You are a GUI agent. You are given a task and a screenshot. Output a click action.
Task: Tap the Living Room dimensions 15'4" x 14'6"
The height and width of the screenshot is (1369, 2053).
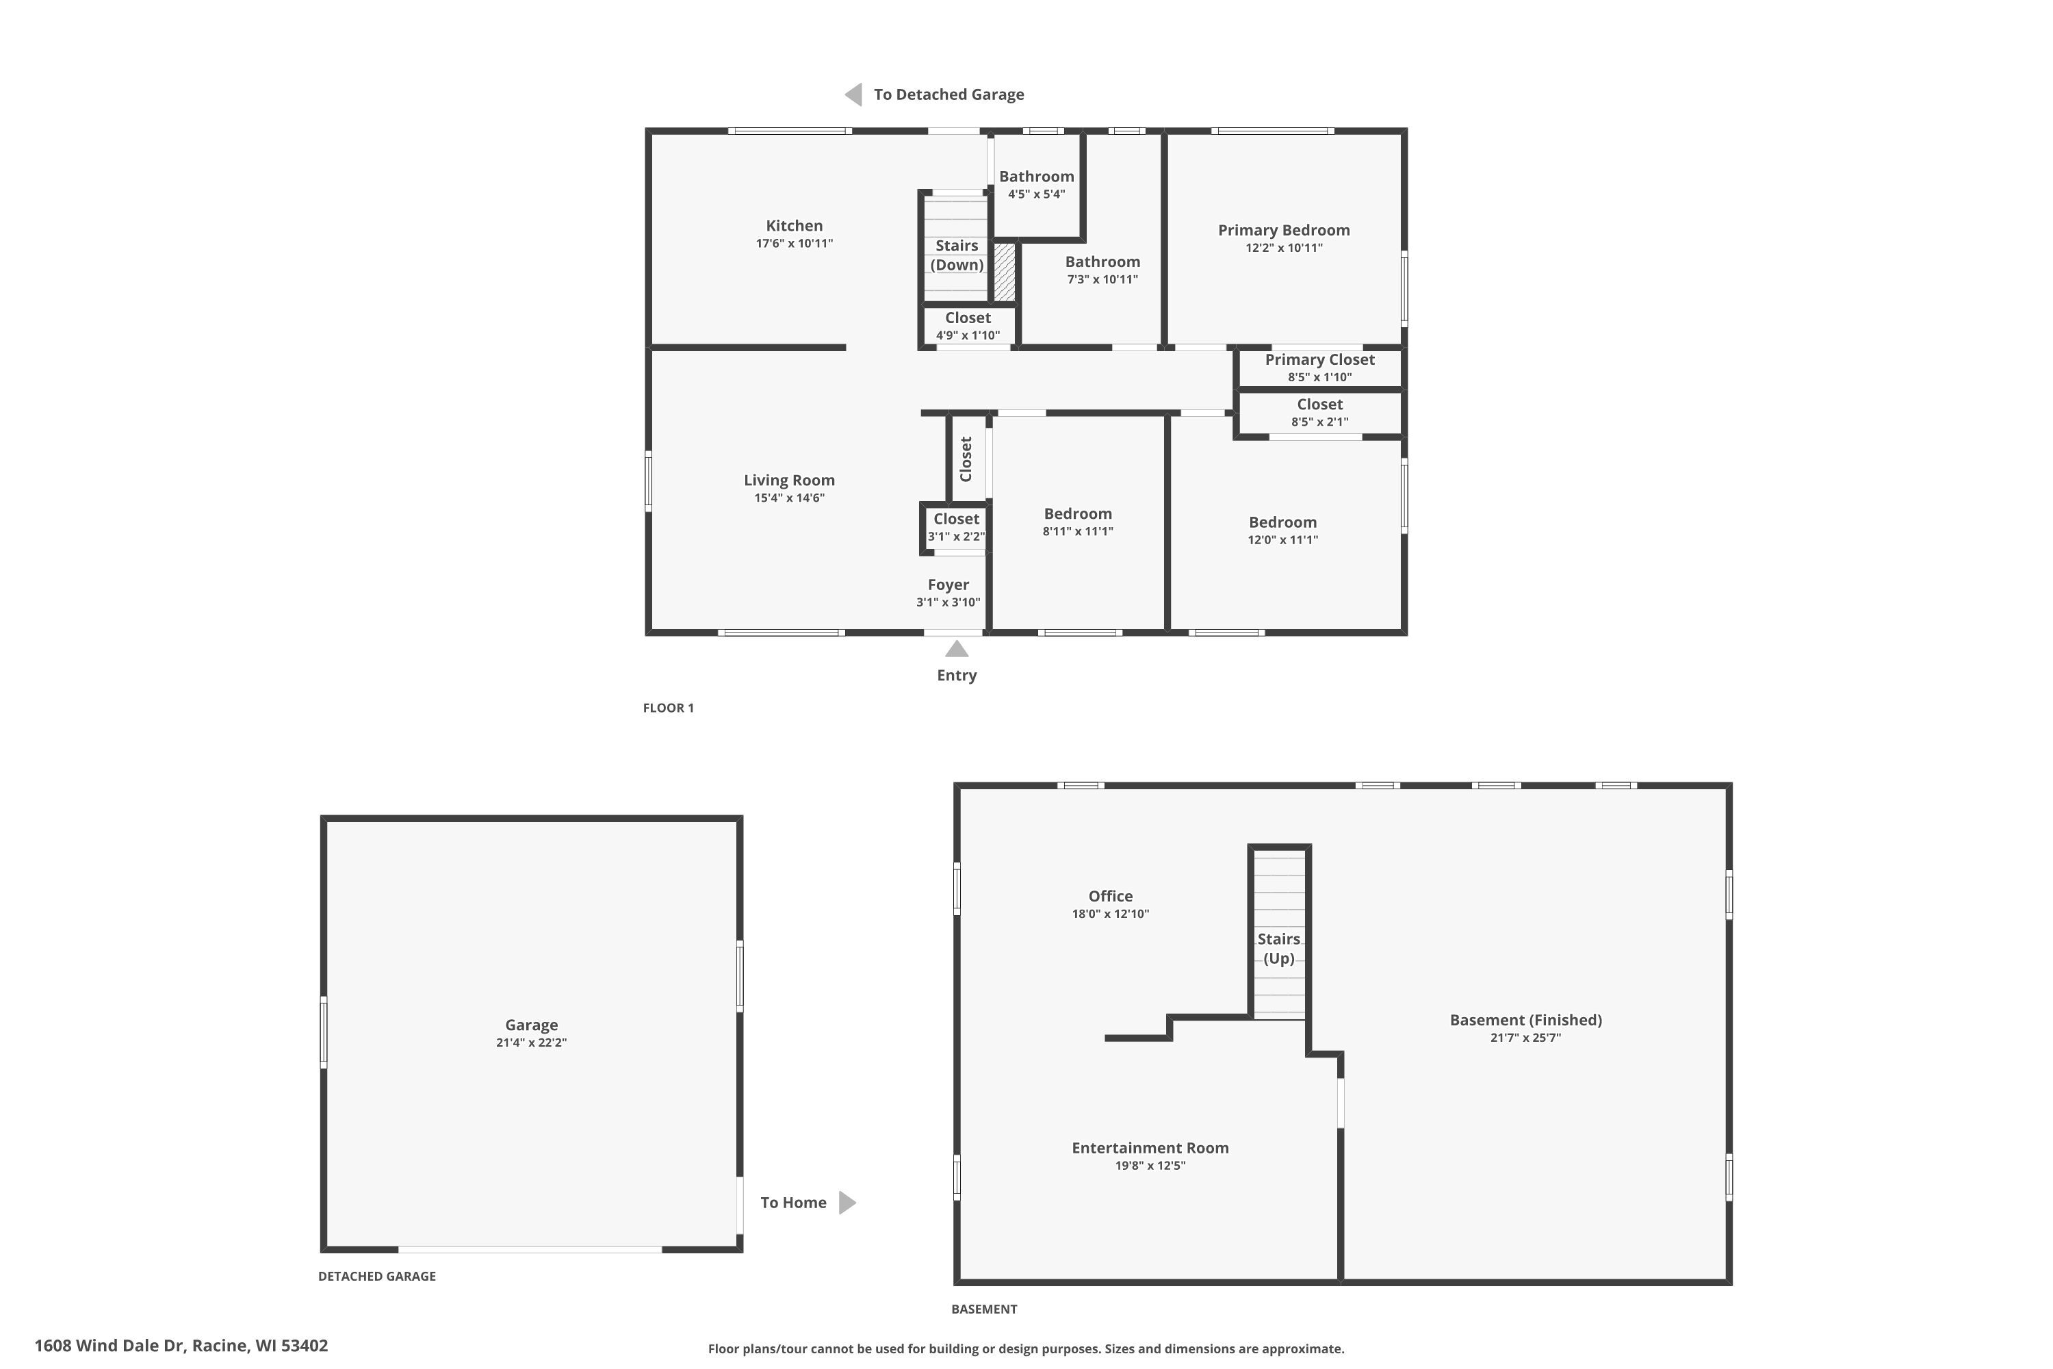coord(789,498)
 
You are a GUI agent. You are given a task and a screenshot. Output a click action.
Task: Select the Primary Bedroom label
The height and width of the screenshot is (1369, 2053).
coord(1283,229)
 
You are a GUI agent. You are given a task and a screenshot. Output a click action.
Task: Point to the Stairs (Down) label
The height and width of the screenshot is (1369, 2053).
coord(957,255)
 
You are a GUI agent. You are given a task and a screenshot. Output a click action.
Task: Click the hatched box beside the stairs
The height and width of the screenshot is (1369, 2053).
coord(1005,272)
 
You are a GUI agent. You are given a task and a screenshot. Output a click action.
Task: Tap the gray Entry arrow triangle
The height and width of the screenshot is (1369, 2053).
coord(957,649)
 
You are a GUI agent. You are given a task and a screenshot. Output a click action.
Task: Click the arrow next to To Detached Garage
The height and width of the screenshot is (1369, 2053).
coord(853,94)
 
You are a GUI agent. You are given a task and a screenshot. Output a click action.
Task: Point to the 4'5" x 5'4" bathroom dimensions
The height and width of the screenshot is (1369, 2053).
coord(1036,194)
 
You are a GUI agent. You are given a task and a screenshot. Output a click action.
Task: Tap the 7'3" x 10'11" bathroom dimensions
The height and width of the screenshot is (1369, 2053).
coord(1102,279)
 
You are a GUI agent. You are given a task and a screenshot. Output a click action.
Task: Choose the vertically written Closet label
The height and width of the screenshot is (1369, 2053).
coord(966,459)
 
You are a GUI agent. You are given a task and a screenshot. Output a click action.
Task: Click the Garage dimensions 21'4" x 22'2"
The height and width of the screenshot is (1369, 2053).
coord(531,1042)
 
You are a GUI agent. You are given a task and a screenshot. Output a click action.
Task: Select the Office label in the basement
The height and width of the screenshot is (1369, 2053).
coord(1110,896)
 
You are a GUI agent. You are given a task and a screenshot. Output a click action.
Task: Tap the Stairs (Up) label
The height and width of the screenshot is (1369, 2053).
coord(1279,948)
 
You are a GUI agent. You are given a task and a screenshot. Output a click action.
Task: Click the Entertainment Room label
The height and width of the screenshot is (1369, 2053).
coord(1150,1147)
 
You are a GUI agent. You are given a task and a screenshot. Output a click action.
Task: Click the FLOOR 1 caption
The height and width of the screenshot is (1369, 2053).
coord(668,707)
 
